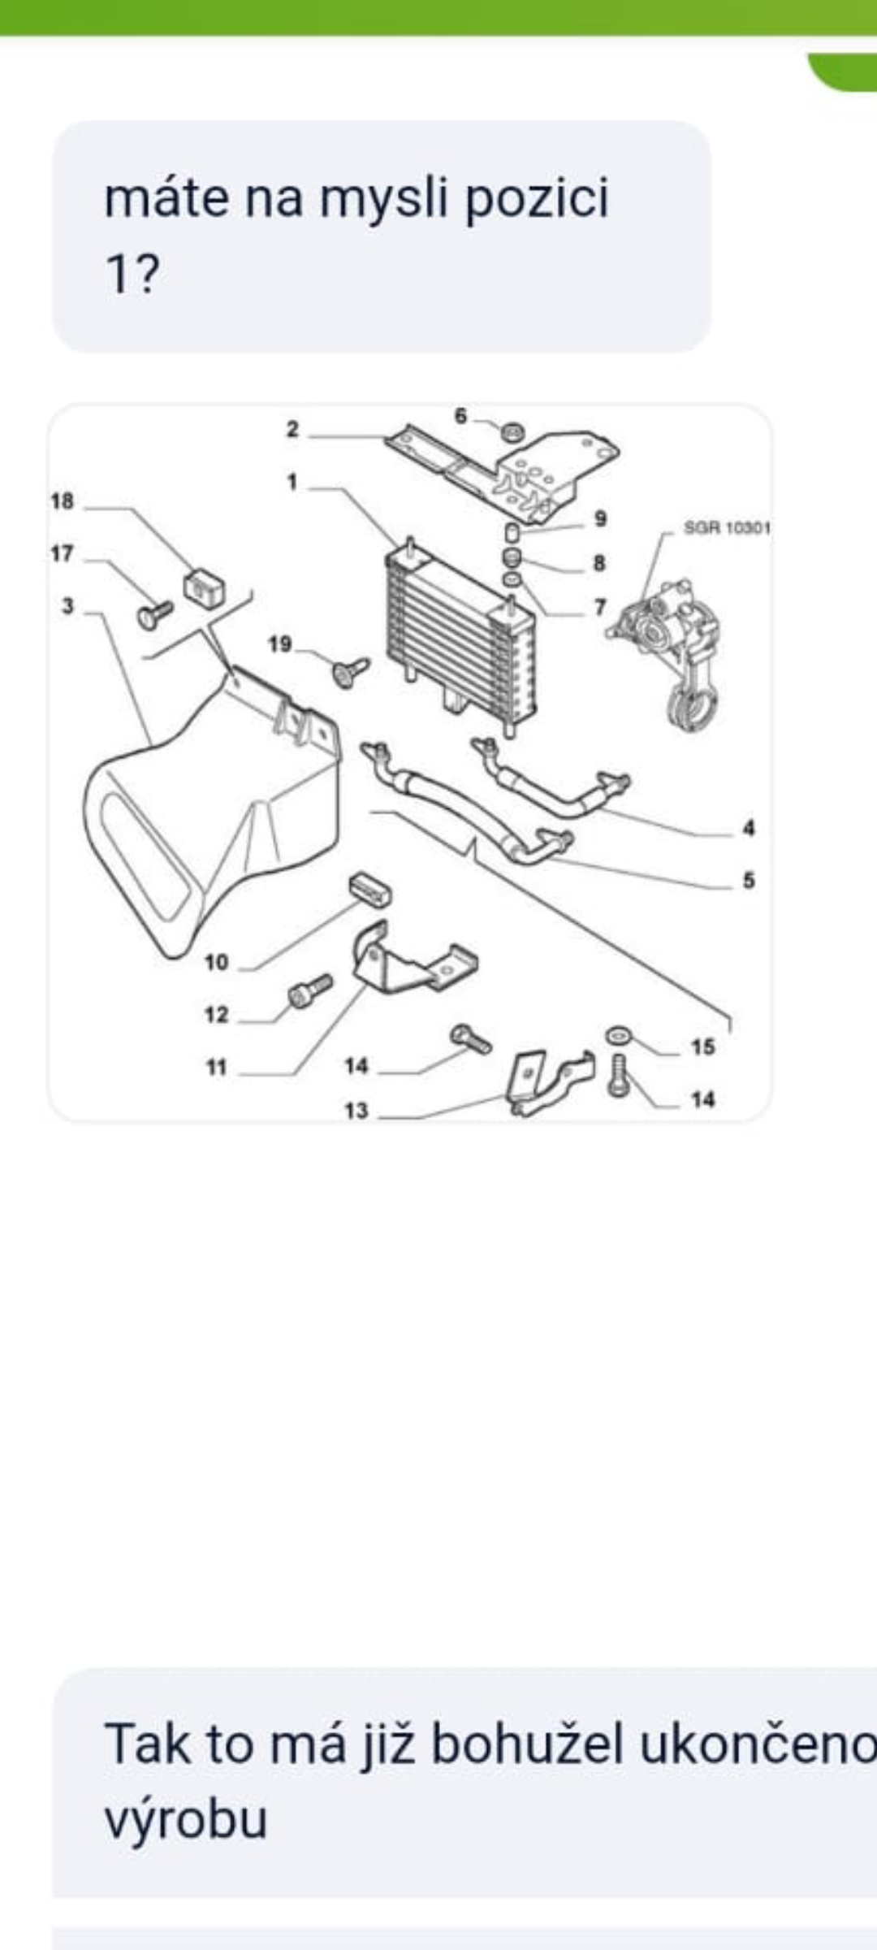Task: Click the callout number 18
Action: click(62, 501)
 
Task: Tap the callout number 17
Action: click(62, 554)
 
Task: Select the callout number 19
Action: click(279, 644)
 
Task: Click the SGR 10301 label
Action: click(727, 528)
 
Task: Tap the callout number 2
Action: click(292, 430)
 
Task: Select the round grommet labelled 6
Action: click(512, 431)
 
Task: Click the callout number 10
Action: click(216, 963)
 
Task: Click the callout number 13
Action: click(356, 1111)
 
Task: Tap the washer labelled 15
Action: click(618, 1034)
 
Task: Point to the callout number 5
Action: click(748, 880)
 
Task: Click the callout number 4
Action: click(748, 828)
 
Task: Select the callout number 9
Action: click(600, 518)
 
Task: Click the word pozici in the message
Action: click(536, 199)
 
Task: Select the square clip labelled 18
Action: click(205, 587)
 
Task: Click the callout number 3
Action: click(67, 606)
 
